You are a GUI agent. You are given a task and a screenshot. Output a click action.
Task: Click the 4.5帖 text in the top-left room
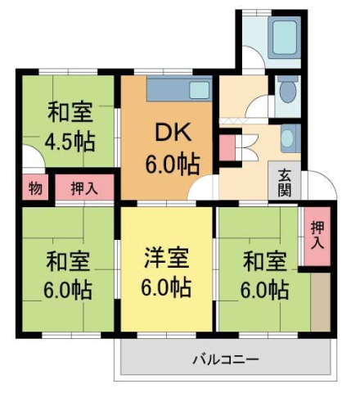coord(69,140)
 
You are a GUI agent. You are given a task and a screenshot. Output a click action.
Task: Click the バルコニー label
coord(226,359)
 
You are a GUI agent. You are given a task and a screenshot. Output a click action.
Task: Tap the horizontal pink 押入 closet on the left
coord(84,187)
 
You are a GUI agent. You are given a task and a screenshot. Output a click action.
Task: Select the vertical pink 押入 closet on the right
coord(317,235)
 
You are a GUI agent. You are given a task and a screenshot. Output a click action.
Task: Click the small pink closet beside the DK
coord(226,148)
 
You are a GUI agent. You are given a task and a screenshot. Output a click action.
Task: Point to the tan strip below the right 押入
coord(320,300)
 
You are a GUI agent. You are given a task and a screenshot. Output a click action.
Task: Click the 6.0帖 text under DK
coord(171,163)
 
